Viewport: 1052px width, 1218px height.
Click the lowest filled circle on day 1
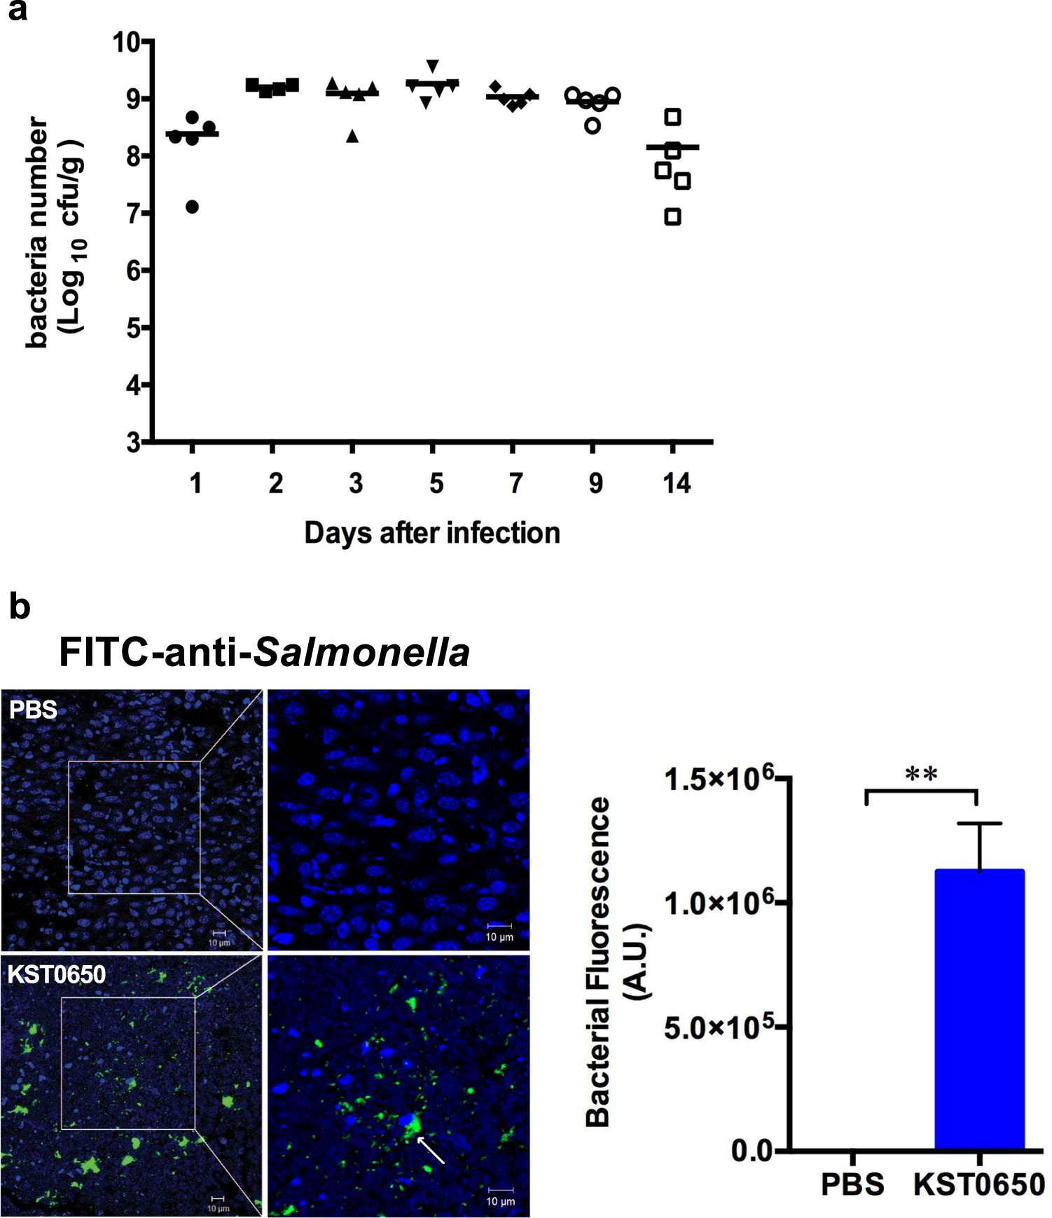click(x=193, y=207)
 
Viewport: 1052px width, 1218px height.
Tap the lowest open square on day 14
click(x=672, y=217)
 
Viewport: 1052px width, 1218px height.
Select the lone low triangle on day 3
click(x=353, y=137)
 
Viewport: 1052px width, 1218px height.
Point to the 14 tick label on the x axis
click(x=677, y=483)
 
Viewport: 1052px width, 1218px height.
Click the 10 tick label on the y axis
click(x=127, y=42)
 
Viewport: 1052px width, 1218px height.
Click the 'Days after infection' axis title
click(x=432, y=533)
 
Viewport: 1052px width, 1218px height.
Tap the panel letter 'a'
click(x=18, y=12)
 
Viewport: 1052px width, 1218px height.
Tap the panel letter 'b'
click(x=20, y=606)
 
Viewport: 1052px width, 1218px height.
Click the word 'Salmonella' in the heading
click(x=361, y=653)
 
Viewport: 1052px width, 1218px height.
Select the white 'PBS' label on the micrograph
click(x=33, y=710)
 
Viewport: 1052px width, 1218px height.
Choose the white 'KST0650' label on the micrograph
click(x=57, y=974)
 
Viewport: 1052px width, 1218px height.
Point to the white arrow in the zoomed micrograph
click(x=431, y=1150)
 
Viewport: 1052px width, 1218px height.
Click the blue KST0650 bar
click(x=979, y=1009)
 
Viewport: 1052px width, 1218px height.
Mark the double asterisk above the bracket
click(x=921, y=774)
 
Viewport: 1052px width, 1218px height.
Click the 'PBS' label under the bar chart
click(x=852, y=1184)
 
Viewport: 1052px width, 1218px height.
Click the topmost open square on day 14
click(x=672, y=117)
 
